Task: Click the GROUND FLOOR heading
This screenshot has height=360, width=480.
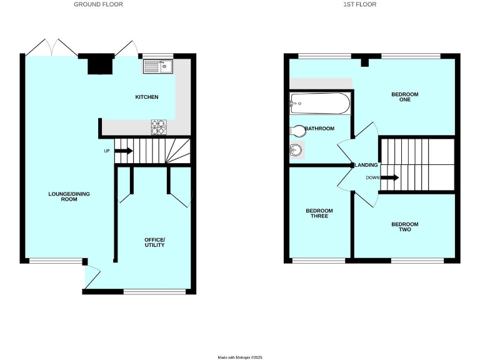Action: tap(98, 4)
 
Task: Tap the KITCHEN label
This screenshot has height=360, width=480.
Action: tap(147, 97)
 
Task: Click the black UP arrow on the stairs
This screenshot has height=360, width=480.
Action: tap(123, 151)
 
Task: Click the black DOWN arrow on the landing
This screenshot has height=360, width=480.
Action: tap(389, 177)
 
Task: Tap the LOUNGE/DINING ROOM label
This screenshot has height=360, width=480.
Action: tap(69, 197)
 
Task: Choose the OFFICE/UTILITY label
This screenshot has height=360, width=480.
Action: tap(154, 242)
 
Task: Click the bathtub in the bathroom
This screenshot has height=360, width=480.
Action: tap(320, 103)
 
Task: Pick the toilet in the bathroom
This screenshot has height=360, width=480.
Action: tap(299, 131)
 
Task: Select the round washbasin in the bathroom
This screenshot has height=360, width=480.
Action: tap(297, 150)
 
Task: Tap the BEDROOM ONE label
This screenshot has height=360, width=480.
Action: tap(405, 98)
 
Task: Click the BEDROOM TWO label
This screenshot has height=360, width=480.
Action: tap(405, 227)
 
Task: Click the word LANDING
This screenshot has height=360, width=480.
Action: tap(366, 165)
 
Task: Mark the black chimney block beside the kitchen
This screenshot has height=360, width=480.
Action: tap(98, 65)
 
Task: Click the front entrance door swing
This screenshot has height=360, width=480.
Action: tap(91, 275)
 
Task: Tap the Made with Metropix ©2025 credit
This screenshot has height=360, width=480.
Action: tap(240, 357)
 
